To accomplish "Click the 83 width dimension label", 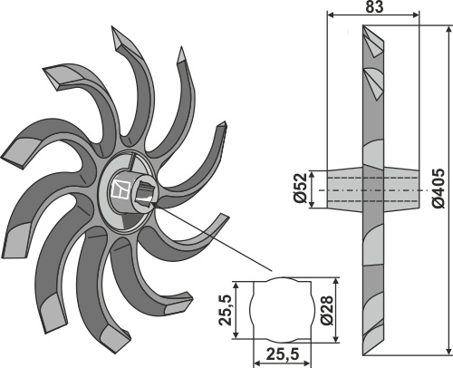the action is [x=373, y=6].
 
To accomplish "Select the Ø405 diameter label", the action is [x=439, y=189].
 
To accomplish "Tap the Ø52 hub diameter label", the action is [x=300, y=188].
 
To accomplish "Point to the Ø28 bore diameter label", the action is [x=327, y=310].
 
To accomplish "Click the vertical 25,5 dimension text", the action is [x=226, y=310].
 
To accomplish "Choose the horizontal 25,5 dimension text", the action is [x=283, y=354].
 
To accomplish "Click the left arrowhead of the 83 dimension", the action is [x=331, y=15].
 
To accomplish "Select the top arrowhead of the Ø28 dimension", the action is [x=336, y=281].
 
